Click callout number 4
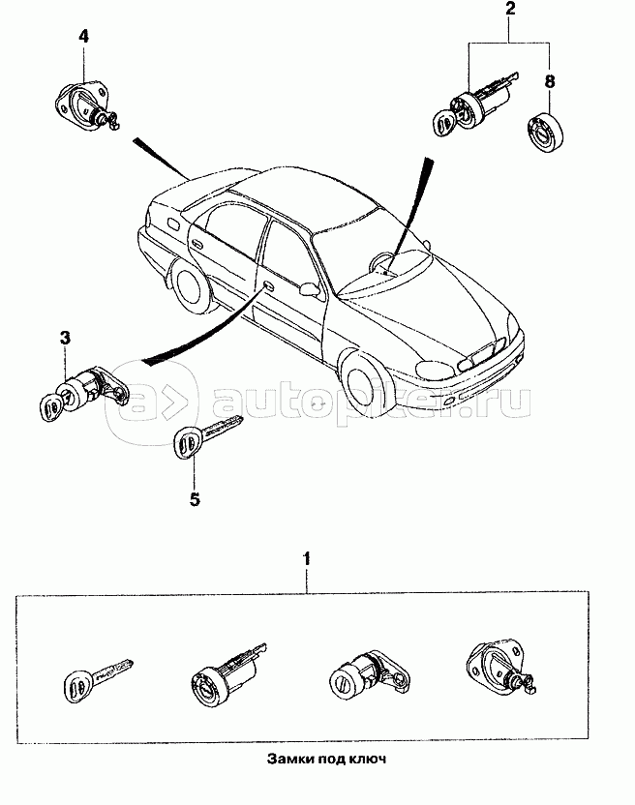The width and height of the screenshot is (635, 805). (x=84, y=37)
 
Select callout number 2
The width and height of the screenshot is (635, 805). (x=509, y=12)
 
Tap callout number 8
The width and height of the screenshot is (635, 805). (x=550, y=81)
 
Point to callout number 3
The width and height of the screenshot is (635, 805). (x=65, y=338)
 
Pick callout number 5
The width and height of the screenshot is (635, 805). (x=194, y=499)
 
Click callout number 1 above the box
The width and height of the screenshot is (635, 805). (x=307, y=558)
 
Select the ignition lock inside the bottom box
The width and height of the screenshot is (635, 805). (x=225, y=674)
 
